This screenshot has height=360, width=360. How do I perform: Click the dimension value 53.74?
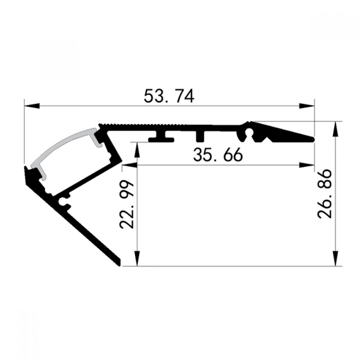coord(169,96)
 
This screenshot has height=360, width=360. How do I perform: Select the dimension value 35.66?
coord(218,155)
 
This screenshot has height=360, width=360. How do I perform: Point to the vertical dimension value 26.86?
coord(325,195)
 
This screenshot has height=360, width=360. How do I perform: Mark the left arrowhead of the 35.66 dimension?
coord(130,165)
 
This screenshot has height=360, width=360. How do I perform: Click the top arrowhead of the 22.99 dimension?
coord(137,149)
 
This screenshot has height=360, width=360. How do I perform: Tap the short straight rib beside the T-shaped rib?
coord(200,135)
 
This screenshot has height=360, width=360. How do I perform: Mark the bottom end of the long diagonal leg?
coord(118,262)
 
